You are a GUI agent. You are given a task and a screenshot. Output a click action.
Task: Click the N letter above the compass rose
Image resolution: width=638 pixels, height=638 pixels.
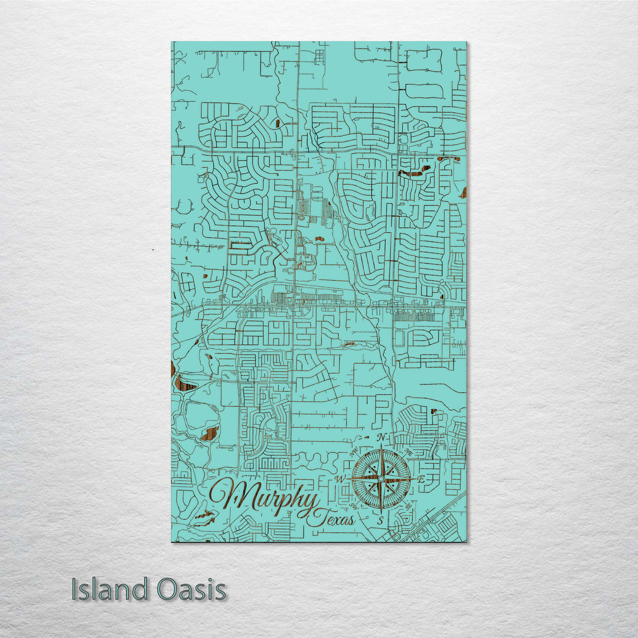[x=382, y=437]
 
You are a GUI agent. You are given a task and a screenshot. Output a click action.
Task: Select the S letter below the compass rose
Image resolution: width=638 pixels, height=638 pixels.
[x=381, y=520]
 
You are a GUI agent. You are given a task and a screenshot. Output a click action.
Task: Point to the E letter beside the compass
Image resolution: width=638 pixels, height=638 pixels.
[x=421, y=480]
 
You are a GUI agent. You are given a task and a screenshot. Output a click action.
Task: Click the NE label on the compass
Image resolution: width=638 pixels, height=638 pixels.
[x=408, y=453]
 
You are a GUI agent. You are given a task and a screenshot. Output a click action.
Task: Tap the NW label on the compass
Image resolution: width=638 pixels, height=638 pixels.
[x=354, y=452]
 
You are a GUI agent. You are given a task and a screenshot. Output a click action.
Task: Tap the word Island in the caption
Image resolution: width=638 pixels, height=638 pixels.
[x=110, y=590]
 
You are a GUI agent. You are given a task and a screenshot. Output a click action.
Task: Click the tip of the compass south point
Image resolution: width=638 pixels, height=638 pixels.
[x=381, y=512]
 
